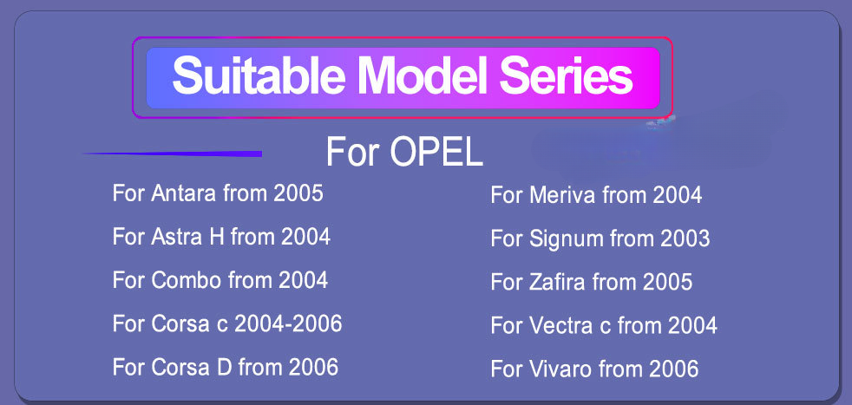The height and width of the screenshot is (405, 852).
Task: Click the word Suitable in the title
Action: tap(259, 76)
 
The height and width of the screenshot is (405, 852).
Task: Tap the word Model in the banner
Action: tap(423, 76)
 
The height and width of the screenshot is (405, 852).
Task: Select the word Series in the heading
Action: tap(566, 76)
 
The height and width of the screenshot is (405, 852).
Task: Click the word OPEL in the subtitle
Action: tap(436, 152)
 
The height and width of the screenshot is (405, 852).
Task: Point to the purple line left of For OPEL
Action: tap(172, 154)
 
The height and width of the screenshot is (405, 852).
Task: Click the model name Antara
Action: tap(184, 193)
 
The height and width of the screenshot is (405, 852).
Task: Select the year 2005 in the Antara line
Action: tap(298, 193)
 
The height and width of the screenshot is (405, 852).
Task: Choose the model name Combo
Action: tap(187, 280)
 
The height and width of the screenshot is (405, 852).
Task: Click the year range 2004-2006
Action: tap(288, 323)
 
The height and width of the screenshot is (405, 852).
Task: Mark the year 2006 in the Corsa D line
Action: tap(313, 367)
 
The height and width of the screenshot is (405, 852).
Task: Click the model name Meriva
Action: tap(563, 195)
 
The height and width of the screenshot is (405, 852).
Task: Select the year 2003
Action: tap(685, 238)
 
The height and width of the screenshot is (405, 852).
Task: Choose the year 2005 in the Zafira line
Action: tap(667, 282)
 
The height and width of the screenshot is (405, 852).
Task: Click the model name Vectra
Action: tap(561, 325)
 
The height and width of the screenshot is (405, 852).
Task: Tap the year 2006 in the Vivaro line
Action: tap(673, 369)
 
